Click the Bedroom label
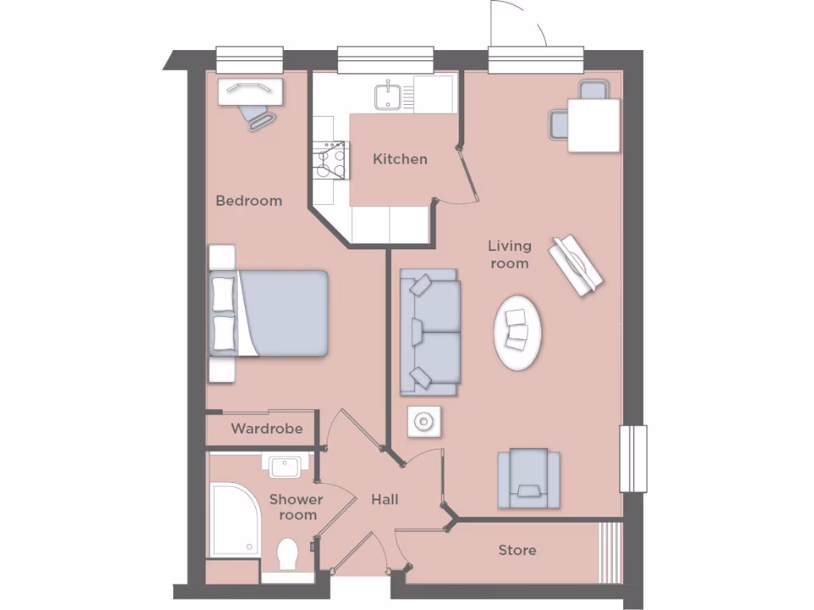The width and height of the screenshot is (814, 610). coord(249,201)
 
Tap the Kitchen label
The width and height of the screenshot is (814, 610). coord(400,159)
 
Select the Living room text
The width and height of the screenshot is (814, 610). coord(510,254)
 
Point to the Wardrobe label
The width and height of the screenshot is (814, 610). coord(266,429)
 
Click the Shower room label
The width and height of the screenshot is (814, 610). coord(296,507)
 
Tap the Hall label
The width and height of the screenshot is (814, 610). coord(385,500)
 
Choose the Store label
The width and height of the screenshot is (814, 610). coord(517,550)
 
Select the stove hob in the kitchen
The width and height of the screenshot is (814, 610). coord(331,161)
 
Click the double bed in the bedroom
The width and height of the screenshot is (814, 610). coord(274,313)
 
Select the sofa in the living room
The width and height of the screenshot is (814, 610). coord(430,331)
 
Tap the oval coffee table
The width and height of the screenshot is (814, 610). coord(519,331)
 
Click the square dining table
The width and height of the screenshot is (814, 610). coord(593,125)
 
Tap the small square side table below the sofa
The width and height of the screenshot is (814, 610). coord(424,422)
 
